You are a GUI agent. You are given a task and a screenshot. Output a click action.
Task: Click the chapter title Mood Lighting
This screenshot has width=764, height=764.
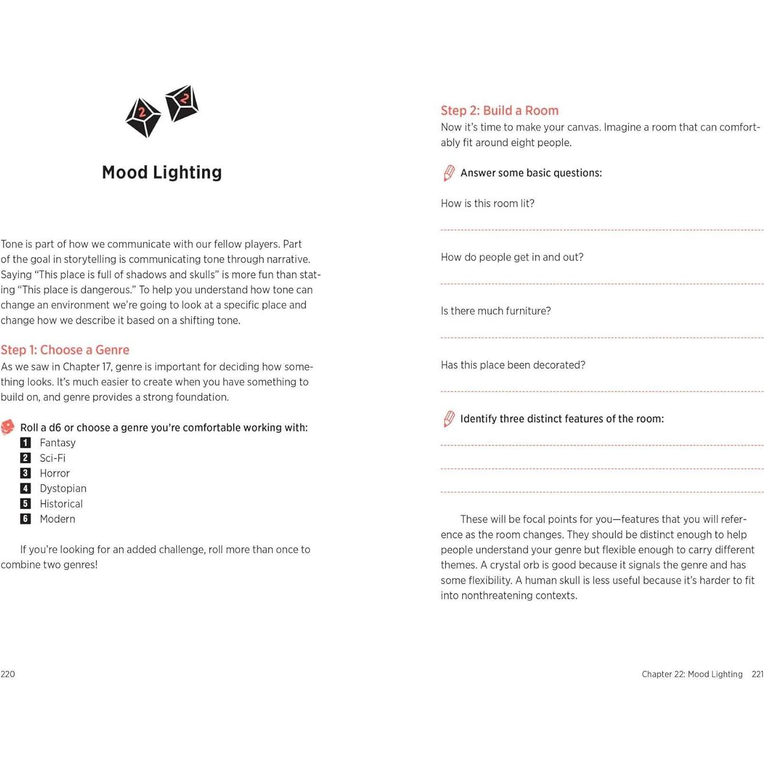click(161, 172)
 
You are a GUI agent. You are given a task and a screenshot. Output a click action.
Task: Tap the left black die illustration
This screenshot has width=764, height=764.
click(142, 117)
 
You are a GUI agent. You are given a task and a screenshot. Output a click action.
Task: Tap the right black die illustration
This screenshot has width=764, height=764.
click(182, 103)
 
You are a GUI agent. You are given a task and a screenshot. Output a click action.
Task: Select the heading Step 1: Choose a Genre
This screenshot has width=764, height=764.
click(65, 350)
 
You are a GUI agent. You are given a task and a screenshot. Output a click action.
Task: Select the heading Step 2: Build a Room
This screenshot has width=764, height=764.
click(499, 111)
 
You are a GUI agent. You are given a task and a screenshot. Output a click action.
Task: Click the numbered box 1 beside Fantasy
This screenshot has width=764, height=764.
click(25, 443)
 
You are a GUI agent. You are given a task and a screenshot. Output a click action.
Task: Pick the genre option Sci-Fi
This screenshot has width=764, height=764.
click(53, 458)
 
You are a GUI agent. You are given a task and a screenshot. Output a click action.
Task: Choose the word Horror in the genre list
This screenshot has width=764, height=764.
click(55, 474)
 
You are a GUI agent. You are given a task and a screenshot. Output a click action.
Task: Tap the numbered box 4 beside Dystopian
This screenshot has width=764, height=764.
click(25, 488)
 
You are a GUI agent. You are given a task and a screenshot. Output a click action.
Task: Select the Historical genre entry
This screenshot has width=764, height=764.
click(61, 504)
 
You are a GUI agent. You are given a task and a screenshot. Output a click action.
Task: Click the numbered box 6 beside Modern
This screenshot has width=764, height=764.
click(25, 519)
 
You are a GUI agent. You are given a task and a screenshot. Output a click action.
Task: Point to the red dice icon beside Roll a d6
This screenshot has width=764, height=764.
click(7, 427)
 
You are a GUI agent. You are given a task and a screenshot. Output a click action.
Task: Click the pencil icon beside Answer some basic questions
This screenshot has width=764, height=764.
click(449, 173)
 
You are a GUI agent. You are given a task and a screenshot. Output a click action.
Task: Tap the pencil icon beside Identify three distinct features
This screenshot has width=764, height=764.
click(449, 419)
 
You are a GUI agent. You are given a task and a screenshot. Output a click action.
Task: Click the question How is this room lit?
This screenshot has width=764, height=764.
click(487, 204)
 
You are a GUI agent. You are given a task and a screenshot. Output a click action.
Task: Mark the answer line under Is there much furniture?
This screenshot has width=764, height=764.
click(602, 337)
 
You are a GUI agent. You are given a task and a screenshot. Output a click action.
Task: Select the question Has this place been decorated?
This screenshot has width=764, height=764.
click(513, 365)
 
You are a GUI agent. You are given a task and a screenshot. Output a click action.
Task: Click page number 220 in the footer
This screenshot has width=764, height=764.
click(8, 674)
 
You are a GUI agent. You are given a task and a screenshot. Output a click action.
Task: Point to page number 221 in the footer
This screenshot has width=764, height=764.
click(757, 674)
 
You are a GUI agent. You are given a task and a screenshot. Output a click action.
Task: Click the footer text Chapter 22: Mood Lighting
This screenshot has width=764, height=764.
click(692, 674)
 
